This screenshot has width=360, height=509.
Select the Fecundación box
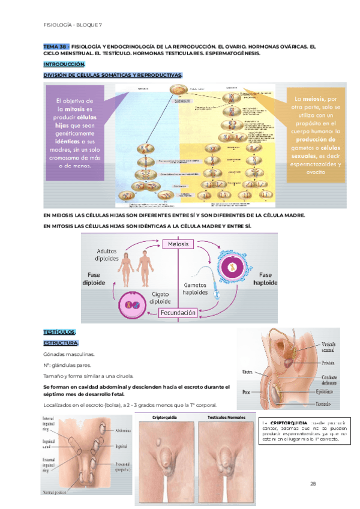(x=178, y=313)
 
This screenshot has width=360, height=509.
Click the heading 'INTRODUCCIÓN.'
(x=64, y=64)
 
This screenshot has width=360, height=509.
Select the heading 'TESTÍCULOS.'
(x=59, y=332)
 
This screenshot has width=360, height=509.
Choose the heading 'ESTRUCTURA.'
(x=61, y=343)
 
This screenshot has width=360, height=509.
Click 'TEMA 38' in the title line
(x=56, y=46)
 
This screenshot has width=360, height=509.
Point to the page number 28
(x=313, y=466)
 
